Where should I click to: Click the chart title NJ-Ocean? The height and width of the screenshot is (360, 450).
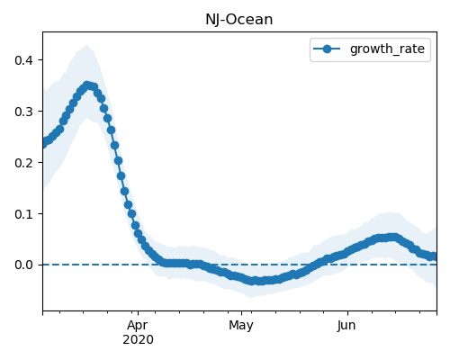239,20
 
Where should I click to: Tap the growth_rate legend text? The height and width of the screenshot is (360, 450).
387,49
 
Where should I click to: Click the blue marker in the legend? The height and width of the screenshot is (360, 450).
327,49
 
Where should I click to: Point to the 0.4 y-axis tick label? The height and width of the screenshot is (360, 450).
23,60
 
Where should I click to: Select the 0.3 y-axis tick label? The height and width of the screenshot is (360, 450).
23,112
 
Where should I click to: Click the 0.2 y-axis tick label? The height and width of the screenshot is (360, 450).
23,163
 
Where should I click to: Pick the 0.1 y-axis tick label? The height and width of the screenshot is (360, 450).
23,214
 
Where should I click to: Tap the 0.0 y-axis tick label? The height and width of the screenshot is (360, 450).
23,265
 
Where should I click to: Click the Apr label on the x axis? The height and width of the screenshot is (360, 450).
138,326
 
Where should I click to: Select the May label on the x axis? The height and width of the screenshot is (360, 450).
241,326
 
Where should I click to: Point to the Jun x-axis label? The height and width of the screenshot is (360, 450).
346,326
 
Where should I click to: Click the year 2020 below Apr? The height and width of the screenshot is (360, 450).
138,339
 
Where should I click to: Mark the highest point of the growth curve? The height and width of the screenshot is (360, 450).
87,85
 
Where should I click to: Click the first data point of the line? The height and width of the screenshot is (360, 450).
43,144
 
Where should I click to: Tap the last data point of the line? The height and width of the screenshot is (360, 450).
435,256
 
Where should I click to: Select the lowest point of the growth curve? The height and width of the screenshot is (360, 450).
254,281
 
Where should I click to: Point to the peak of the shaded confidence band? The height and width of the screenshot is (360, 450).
86,45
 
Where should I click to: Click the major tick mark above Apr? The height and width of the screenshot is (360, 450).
138,313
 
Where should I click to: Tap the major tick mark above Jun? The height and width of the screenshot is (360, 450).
347,313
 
